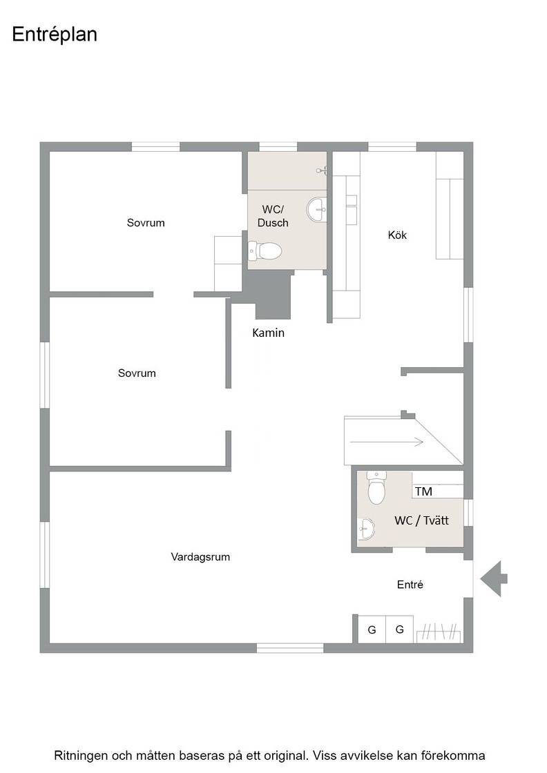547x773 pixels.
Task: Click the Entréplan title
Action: pos(55,35)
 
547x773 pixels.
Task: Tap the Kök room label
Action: pos(397,235)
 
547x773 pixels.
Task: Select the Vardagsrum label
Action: pos(200,557)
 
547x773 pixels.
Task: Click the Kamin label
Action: pos(269,333)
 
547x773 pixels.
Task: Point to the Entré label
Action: pos(410,585)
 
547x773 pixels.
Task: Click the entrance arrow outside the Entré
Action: pos(494,579)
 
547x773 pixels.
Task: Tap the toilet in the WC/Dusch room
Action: pos(265,251)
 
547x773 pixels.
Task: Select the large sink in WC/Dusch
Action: pos(316,210)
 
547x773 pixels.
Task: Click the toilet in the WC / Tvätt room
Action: pos(376,487)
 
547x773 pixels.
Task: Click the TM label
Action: pos(423,491)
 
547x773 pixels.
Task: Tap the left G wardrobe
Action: pos(372,629)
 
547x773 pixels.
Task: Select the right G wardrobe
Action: pos(399,629)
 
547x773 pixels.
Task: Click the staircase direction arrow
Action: pos(387,442)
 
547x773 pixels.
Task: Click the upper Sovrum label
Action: pos(146,223)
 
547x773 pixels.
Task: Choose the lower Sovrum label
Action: pos(137,373)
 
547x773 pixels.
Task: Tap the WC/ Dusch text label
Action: pos(273,217)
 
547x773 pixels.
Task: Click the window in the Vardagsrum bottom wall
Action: pos(290,648)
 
